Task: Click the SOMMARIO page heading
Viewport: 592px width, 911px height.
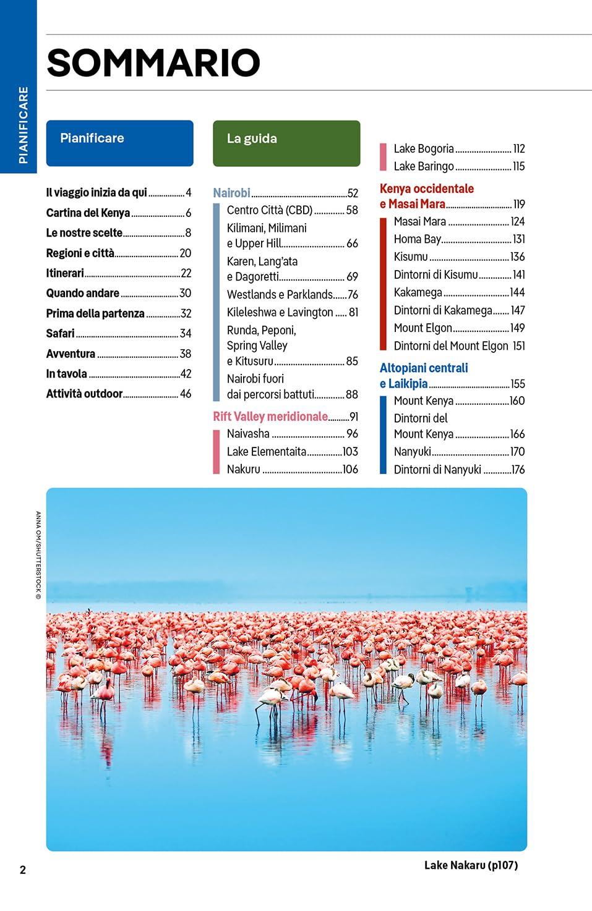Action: [153, 62]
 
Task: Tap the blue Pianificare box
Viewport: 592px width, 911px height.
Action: [120, 143]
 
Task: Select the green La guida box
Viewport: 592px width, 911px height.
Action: [286, 143]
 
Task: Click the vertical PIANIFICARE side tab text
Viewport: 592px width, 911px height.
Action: [24, 125]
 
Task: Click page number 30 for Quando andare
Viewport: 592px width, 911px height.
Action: [185, 293]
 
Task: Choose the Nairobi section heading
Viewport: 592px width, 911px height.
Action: [232, 193]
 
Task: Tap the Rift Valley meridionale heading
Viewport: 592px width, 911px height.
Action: [270, 417]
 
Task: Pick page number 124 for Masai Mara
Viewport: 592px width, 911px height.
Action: [518, 222]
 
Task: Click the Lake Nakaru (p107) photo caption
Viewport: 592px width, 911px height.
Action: [471, 865]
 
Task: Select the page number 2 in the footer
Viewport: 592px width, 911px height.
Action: [23, 870]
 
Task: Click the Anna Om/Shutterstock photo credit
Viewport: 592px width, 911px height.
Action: [38, 555]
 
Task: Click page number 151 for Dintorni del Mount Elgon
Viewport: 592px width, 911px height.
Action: [519, 345]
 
